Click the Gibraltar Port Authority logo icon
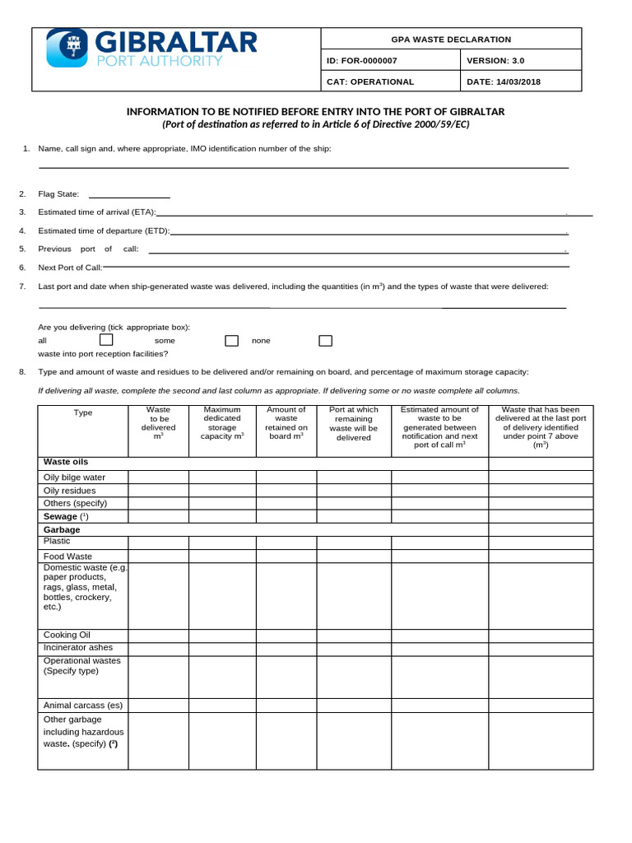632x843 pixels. (x=67, y=47)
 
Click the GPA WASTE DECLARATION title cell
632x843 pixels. (x=450, y=40)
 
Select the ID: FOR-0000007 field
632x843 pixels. (x=362, y=61)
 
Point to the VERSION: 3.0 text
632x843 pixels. (x=495, y=61)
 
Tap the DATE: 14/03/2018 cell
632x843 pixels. (x=504, y=82)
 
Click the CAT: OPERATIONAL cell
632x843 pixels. (x=370, y=82)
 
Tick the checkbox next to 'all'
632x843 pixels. (x=106, y=340)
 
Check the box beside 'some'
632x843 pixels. (x=232, y=341)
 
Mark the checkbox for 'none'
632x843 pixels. (x=325, y=341)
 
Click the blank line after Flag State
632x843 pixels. (x=129, y=196)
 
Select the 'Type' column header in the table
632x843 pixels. (x=83, y=412)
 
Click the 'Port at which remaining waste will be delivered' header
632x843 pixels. (x=354, y=423)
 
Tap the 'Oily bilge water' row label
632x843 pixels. (x=74, y=477)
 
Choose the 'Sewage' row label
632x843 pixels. (x=60, y=516)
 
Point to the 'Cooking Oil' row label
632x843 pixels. (x=67, y=635)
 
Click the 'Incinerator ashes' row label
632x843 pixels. (x=78, y=648)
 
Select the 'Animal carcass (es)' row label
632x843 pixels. (x=83, y=706)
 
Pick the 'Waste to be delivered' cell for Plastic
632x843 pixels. (x=158, y=543)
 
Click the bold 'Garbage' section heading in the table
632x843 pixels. (x=62, y=529)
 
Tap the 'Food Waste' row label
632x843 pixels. (x=67, y=557)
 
